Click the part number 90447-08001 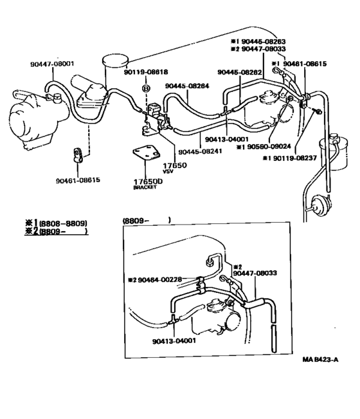[52, 64]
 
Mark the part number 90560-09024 [264, 146]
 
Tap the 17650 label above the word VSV [170, 165]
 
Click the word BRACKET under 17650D [145, 187]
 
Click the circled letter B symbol [146, 88]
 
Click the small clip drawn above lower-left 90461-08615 [76, 156]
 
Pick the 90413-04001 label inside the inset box [175, 342]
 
